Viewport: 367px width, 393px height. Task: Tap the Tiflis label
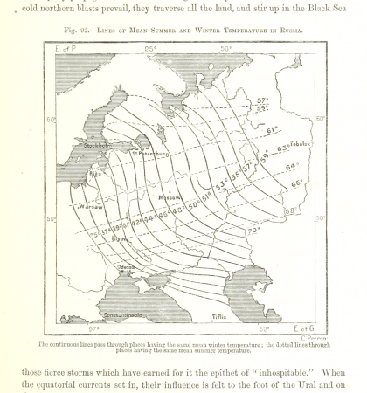tap(222, 317)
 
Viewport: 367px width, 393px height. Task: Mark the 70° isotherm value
tap(253, 231)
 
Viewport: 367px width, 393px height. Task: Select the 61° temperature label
tap(272, 130)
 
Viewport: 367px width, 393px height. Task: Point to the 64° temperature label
tap(292, 166)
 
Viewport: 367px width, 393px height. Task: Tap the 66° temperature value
tap(297, 183)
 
